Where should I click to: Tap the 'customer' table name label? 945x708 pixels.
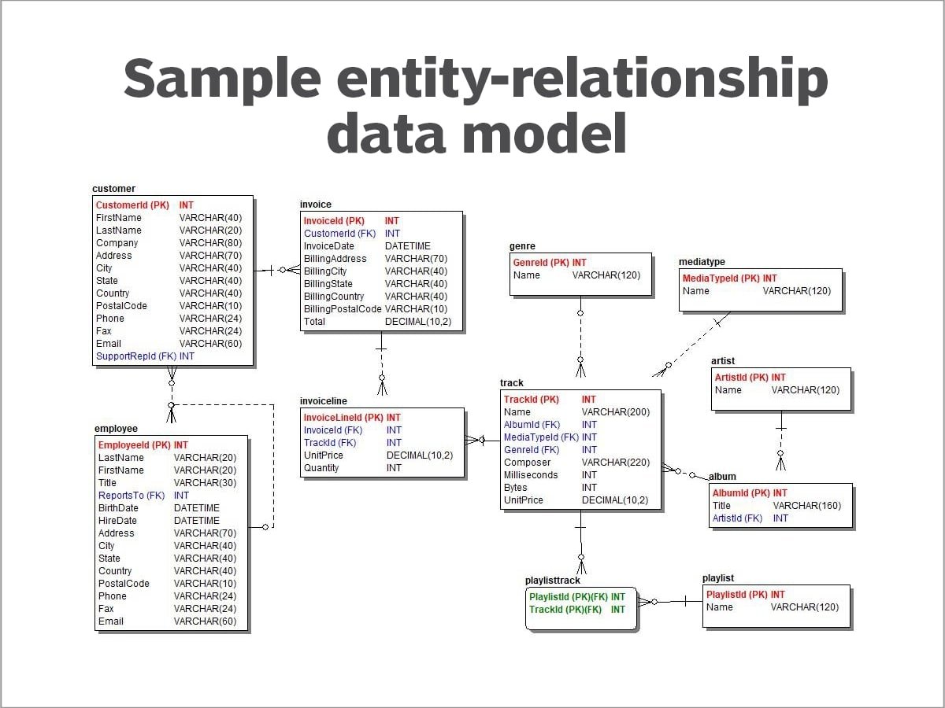coord(113,189)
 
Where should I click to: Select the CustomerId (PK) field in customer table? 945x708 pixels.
coord(132,205)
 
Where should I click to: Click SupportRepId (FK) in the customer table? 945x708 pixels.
coord(135,356)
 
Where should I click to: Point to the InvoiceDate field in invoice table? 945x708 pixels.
coord(329,246)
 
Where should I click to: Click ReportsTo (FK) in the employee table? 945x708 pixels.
coord(132,496)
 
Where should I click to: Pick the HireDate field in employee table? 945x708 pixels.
coord(117,521)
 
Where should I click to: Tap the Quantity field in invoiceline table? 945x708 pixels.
coord(321,468)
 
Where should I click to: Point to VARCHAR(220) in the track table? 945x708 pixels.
coord(616,463)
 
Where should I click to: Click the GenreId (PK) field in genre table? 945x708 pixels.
coord(541,263)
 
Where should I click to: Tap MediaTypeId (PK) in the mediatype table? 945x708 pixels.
coord(721,278)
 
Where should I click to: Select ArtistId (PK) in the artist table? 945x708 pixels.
coord(741,378)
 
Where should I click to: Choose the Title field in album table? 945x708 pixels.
coord(721,506)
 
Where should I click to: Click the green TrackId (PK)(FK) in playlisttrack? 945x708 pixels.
coord(565,610)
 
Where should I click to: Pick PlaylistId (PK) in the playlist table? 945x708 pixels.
coord(736,595)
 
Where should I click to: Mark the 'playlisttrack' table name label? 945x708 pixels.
coord(552,581)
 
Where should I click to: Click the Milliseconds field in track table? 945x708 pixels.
coord(531,475)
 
